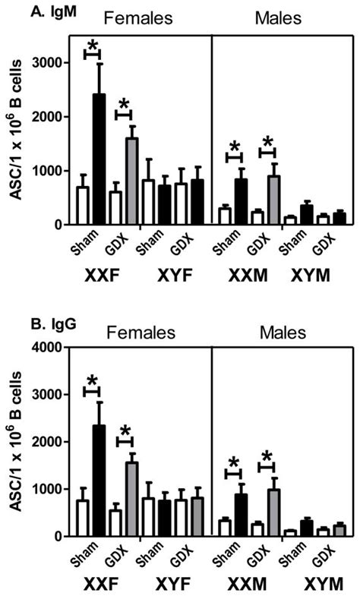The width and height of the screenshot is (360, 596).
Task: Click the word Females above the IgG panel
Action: [138, 333]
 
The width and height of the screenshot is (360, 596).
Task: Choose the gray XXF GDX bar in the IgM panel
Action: [131, 181]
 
